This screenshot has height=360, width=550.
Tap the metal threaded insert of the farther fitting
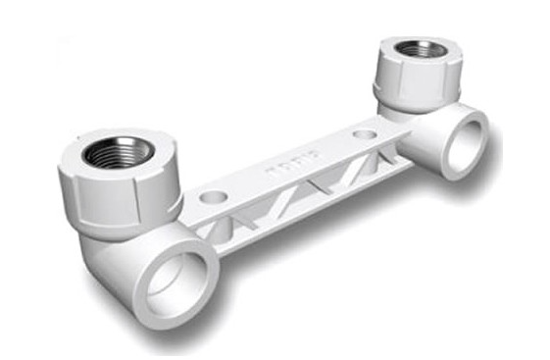[421, 49]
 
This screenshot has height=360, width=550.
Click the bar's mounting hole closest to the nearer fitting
[213, 197]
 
